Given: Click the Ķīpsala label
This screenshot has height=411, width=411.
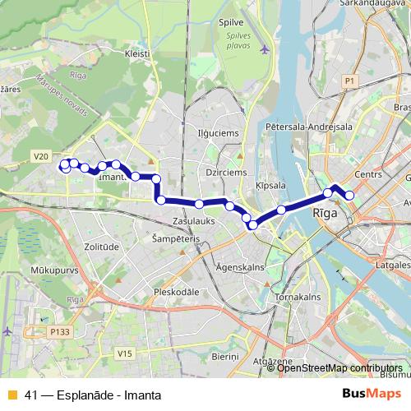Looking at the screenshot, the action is (270, 186).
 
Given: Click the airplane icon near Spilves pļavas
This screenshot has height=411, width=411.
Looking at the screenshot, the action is (265, 48).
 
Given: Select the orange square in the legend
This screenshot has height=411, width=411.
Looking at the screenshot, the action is (12, 394).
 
